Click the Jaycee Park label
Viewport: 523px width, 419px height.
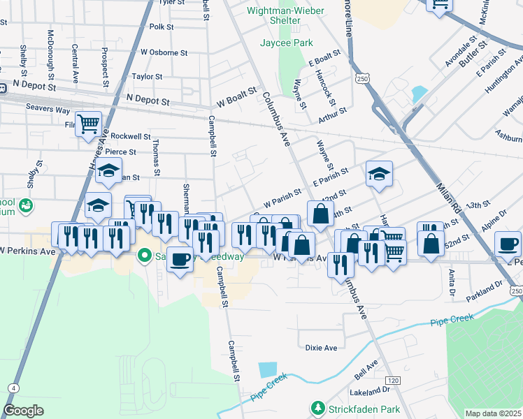[286, 43]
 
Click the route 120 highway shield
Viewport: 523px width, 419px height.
[394, 379]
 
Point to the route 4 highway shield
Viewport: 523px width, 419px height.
[14, 388]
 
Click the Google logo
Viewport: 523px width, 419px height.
[23, 411]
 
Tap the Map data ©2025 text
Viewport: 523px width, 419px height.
[493, 413]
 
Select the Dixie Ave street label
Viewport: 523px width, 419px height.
[321, 348]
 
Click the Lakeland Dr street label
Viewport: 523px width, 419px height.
[371, 389]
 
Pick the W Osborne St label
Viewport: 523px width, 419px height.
[164, 52]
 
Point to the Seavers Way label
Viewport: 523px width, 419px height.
[48, 110]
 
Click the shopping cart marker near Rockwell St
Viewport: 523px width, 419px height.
[89, 126]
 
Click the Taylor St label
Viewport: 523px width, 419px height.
[147, 77]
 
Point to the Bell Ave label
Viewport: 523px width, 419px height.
[365, 367]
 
